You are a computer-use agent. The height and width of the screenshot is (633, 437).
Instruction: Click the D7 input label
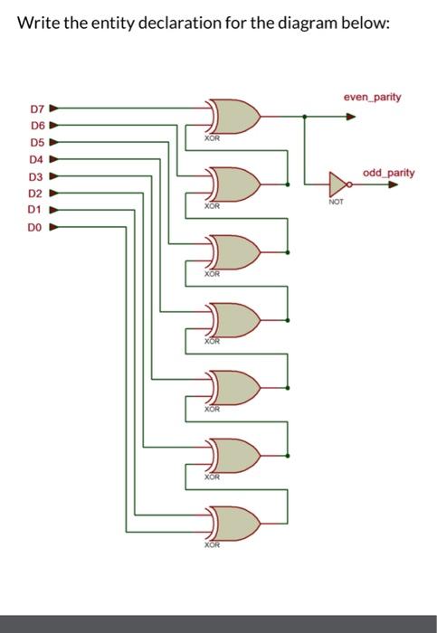(37, 110)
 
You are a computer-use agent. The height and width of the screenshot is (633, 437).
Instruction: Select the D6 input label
(37, 126)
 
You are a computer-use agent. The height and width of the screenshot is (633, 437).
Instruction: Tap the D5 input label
(37, 143)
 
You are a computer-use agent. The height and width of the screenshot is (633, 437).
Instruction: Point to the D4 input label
(37, 159)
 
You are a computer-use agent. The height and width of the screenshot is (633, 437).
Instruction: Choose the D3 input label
(37, 176)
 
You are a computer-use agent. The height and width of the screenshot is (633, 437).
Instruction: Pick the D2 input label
(37, 193)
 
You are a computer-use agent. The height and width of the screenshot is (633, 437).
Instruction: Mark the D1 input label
(37, 209)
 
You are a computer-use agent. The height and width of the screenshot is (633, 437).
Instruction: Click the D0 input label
(37, 226)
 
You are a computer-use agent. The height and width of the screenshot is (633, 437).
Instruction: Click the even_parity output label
(372, 96)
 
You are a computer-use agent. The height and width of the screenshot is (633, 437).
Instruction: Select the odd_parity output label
(388, 172)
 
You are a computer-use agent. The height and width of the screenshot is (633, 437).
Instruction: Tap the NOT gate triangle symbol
(337, 184)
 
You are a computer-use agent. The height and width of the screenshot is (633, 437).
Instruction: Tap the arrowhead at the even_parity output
(349, 116)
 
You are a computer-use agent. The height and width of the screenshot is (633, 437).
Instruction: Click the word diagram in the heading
(300, 23)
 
